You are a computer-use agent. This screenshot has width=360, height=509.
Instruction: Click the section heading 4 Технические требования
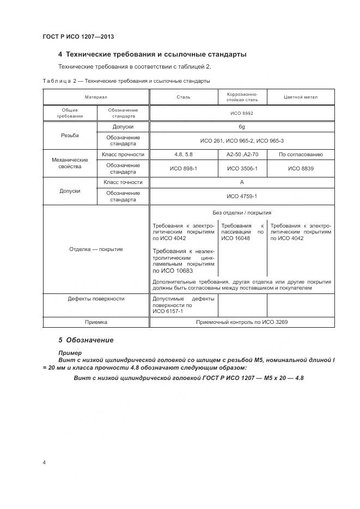click(152, 54)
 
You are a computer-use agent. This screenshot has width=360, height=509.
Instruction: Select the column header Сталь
click(183, 97)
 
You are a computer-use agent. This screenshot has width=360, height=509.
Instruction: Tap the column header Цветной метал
click(301, 97)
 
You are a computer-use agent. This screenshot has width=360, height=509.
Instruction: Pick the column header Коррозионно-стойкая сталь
click(242, 97)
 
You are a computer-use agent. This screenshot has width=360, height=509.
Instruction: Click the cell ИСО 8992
click(241, 113)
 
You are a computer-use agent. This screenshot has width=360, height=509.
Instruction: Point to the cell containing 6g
click(241, 126)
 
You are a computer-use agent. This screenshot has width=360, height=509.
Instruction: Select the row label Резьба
click(70, 134)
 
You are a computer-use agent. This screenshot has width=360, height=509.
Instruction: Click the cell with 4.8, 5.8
click(183, 155)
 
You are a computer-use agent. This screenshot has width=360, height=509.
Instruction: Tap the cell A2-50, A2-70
click(242, 155)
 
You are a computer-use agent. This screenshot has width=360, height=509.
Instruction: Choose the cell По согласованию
click(301, 155)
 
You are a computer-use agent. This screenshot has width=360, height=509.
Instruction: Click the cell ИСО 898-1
click(183, 169)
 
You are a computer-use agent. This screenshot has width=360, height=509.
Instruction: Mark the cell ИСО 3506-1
click(242, 169)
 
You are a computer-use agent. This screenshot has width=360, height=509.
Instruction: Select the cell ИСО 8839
click(301, 169)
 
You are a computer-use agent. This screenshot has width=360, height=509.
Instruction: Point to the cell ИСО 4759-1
click(241, 197)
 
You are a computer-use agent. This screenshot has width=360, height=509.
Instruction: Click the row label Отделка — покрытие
click(96, 249)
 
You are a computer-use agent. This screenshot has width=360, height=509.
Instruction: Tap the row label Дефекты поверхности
click(96, 298)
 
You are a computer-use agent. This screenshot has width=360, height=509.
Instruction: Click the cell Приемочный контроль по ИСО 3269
click(241, 322)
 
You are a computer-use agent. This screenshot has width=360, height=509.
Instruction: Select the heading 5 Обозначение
click(86, 340)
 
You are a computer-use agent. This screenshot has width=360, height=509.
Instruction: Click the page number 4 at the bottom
click(45, 462)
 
